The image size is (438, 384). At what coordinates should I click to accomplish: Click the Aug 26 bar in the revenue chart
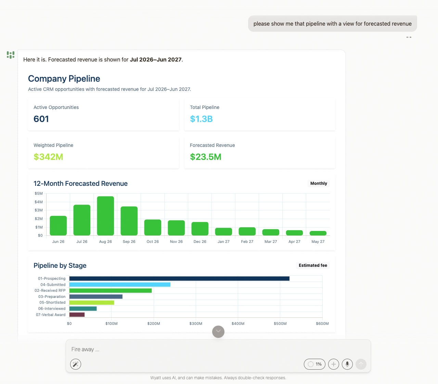point(105,216)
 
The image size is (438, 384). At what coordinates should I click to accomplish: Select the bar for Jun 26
point(58,225)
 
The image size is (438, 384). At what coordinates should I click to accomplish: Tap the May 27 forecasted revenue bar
point(318,233)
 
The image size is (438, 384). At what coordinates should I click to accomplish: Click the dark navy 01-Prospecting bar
point(179,278)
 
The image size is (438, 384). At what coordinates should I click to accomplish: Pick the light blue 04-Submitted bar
point(120,285)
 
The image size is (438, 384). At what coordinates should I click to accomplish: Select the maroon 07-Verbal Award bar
point(77,315)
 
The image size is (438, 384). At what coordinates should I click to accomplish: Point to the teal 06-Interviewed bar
point(83,308)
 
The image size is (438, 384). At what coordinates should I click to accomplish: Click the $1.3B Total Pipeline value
point(201,119)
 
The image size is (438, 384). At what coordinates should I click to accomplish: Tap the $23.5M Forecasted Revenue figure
point(206,157)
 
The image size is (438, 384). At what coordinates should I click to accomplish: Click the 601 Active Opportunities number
point(41,119)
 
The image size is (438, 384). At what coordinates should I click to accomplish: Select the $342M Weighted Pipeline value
point(48,157)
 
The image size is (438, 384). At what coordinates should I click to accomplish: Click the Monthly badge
point(319,183)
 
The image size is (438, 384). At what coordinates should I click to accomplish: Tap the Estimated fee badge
point(313,265)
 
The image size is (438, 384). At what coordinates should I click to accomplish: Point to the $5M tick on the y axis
point(39,193)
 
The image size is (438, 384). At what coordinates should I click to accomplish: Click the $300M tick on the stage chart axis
point(196,324)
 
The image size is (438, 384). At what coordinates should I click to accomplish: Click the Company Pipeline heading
point(64,79)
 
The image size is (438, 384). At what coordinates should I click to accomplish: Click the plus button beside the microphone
point(333,364)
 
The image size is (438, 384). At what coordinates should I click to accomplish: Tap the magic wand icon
point(75,364)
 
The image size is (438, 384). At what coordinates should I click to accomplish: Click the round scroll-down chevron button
point(218,331)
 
